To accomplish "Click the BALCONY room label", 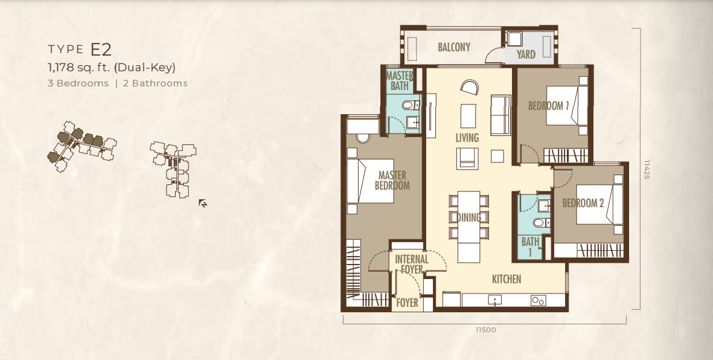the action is click(x=454, y=47).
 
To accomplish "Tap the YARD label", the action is click(x=526, y=54).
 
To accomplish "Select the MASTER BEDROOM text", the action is click(x=392, y=180).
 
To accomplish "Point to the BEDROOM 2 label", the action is click(x=583, y=203).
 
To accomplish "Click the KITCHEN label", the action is click(x=507, y=279).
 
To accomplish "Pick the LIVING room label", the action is click(x=467, y=138).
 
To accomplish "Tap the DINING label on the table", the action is click(x=468, y=217).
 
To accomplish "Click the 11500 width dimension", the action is click(x=485, y=330).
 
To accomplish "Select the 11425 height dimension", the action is click(x=647, y=169).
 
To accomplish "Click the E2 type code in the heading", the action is click(x=101, y=49).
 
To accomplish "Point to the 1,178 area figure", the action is click(x=62, y=68).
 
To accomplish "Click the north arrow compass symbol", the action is click(x=203, y=203).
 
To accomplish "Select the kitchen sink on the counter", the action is click(x=494, y=300).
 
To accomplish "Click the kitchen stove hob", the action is click(x=539, y=300).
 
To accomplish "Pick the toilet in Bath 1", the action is click(x=540, y=222).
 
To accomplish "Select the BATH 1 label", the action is click(x=530, y=246).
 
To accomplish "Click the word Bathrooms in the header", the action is click(x=159, y=83).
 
